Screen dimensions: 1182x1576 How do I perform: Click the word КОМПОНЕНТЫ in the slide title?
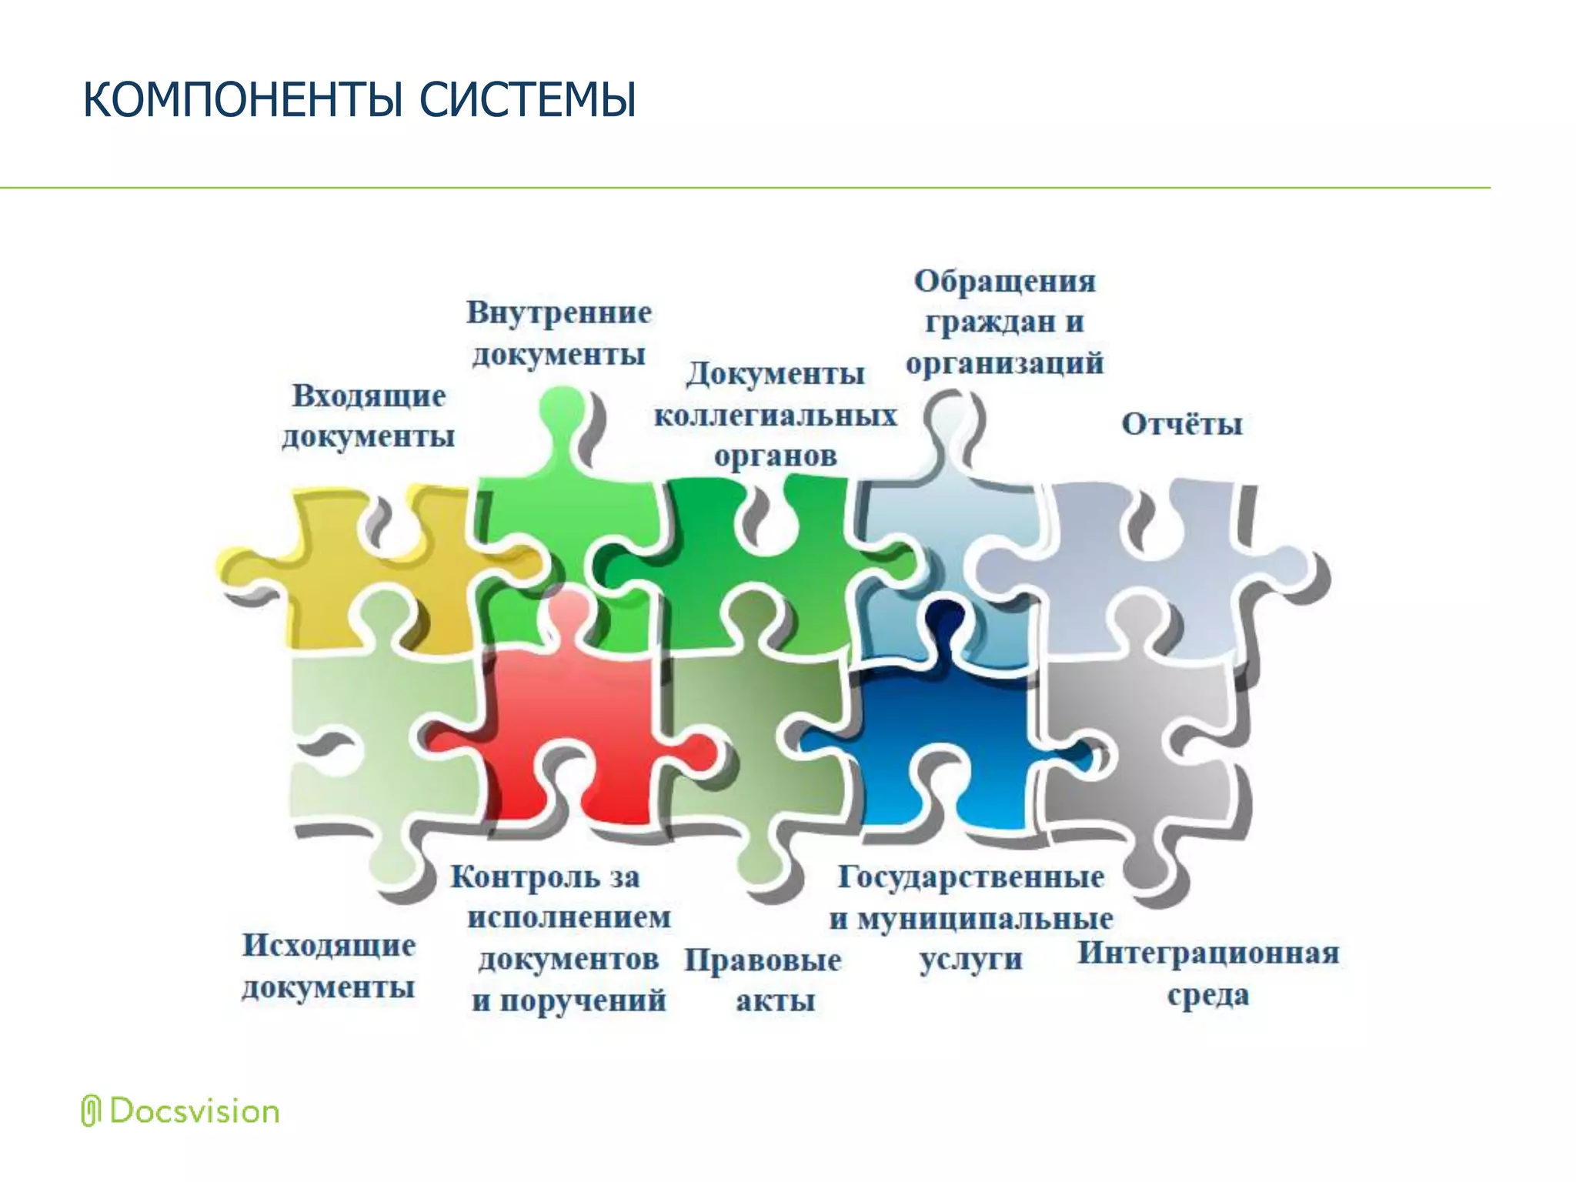tap(242, 100)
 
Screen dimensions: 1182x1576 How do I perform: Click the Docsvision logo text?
tap(194, 1111)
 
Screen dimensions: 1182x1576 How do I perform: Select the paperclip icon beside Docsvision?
tap(91, 1110)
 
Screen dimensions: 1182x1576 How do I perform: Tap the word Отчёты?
tap(1182, 424)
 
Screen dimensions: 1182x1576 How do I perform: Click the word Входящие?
tap(369, 396)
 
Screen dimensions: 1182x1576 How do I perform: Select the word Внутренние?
tap(559, 312)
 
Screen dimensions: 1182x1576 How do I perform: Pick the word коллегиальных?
tap(776, 416)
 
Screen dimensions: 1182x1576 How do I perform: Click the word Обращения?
tap(1005, 281)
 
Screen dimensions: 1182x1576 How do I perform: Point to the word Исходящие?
tap(329, 945)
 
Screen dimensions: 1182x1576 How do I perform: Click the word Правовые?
tap(763, 960)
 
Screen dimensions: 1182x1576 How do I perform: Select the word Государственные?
tap(971, 876)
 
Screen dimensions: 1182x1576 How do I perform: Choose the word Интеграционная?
tap(1208, 953)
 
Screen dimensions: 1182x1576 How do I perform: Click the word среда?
tap(1208, 995)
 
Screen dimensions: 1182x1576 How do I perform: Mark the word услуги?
tap(971, 960)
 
